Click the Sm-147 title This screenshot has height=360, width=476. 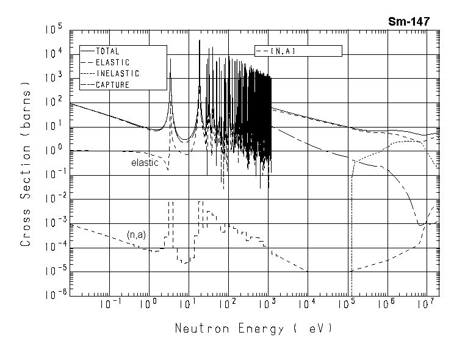point(409,22)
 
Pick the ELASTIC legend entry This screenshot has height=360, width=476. point(112,62)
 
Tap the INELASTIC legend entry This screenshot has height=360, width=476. point(117,73)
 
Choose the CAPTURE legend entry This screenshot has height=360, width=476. point(112,85)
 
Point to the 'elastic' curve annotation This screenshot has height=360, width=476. point(145,163)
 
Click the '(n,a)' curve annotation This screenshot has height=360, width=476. point(136,234)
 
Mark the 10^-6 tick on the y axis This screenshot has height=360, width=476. point(52,296)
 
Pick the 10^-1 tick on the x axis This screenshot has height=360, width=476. point(107,304)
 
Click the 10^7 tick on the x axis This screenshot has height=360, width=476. point(425,304)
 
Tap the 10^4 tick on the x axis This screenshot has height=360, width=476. point(306,304)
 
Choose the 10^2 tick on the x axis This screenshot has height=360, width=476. point(227,304)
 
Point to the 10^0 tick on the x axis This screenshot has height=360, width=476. point(147,304)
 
